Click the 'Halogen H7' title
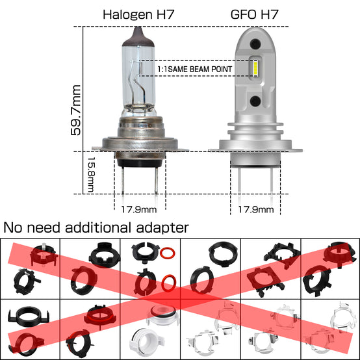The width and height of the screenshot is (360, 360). point(138,14)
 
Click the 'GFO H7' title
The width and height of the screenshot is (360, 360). point(254,14)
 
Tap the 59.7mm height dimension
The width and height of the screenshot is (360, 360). point(76,110)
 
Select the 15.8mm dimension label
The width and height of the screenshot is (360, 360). point(91,175)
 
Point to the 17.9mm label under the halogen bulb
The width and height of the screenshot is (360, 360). point(139,209)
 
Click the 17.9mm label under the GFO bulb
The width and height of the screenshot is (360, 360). point(256,209)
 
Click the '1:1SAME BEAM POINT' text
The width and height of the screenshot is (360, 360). point(195,69)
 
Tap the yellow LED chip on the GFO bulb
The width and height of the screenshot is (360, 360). point(255,69)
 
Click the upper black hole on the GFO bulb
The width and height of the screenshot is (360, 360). point(255,44)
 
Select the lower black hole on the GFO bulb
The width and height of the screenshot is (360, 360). point(255,101)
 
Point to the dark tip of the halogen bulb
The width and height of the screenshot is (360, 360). point(138,37)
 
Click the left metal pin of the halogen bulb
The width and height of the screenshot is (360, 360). point(123,180)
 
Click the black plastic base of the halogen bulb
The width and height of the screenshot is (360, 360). point(140,162)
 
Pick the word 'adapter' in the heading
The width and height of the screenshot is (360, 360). point(162,228)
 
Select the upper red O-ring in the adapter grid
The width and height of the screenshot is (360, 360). point(168,253)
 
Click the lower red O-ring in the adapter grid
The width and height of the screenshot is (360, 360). point(169,283)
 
